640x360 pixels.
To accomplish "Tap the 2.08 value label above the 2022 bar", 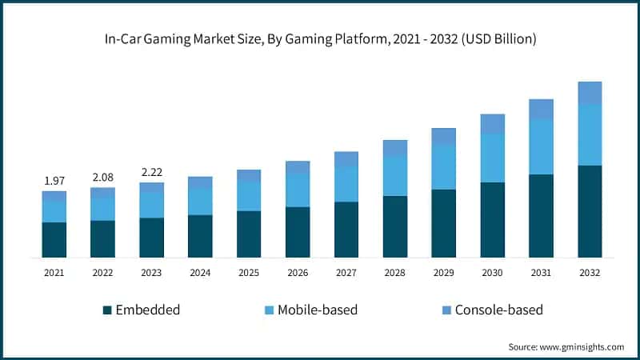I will pyautogui.click(x=102, y=176).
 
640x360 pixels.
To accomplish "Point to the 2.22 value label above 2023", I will pyautogui.click(x=151, y=171).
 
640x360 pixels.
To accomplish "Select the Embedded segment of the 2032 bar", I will pyautogui.click(x=590, y=211).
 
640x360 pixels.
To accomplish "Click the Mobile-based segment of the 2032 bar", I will pyautogui.click(x=590, y=134).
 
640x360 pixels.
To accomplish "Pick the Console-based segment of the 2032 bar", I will pyautogui.click(x=590, y=93).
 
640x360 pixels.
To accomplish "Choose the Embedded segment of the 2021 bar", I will pyautogui.click(x=54, y=239).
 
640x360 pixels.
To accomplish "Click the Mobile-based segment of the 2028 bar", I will pyautogui.click(x=394, y=176).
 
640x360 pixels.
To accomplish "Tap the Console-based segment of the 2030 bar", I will pyautogui.click(x=492, y=124).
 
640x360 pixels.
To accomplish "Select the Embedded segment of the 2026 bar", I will pyautogui.click(x=298, y=232).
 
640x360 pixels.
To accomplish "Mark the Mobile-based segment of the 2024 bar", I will pyautogui.click(x=200, y=202).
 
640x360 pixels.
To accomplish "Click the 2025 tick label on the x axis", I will pyautogui.click(x=249, y=273).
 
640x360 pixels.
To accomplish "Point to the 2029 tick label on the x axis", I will pyautogui.click(x=443, y=273).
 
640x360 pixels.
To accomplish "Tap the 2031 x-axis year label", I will pyautogui.click(x=541, y=273).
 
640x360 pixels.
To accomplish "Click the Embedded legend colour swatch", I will pyautogui.click(x=107, y=310).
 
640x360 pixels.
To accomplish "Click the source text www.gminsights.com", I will pyautogui.click(x=582, y=346).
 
